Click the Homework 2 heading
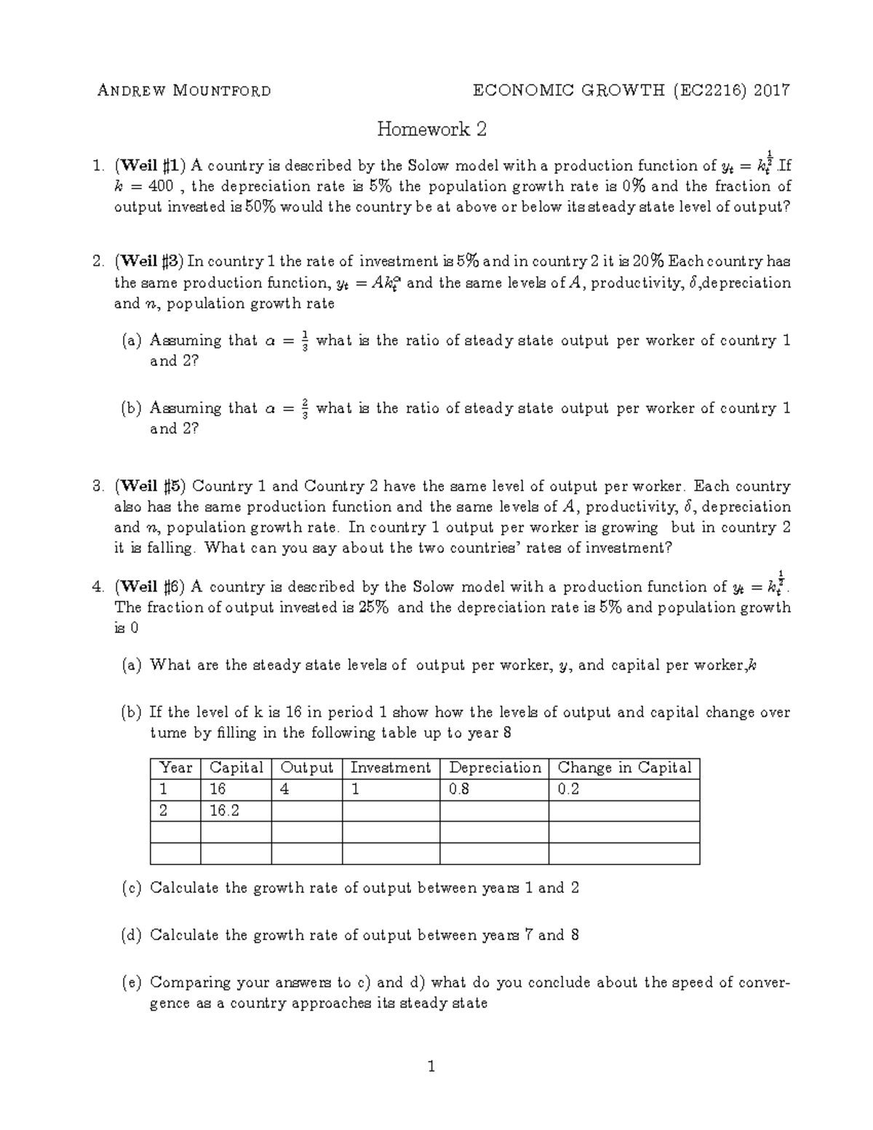click(431, 130)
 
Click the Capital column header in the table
click(235, 768)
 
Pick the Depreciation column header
click(495, 768)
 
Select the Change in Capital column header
click(624, 768)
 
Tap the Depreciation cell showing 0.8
click(459, 789)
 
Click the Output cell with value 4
click(285, 789)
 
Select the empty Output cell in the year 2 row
click(306, 811)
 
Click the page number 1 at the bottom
click(431, 1067)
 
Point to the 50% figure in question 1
click(260, 207)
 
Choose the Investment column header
click(390, 768)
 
